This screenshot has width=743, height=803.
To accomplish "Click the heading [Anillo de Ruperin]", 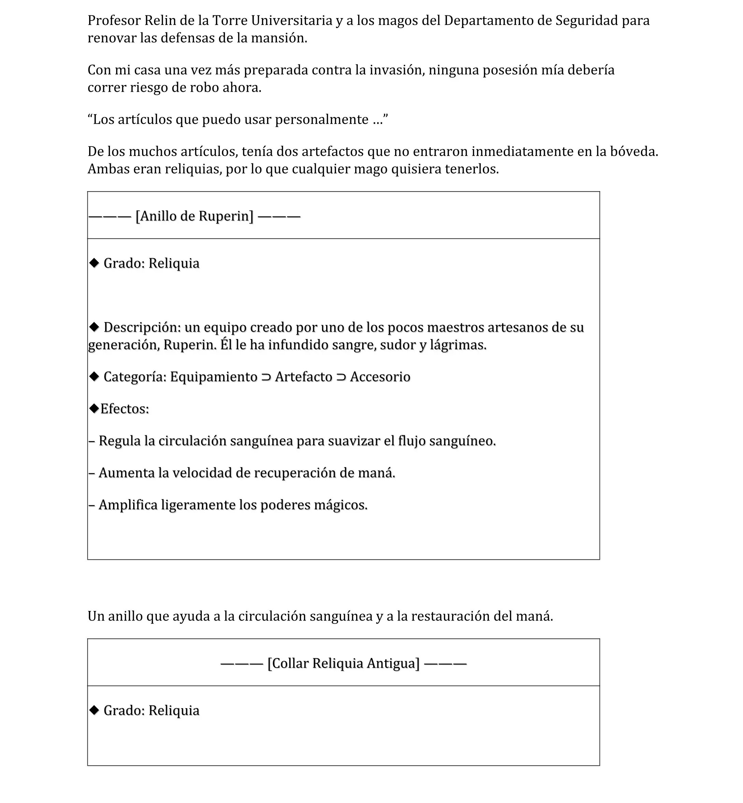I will (195, 216).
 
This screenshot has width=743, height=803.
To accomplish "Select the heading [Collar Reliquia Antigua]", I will (344, 663).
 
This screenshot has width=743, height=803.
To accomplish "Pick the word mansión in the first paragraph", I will (279, 38).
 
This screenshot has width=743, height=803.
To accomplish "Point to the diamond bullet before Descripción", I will (94, 327).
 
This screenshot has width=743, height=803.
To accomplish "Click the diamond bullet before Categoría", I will (94, 376).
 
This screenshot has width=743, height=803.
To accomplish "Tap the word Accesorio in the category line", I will (380, 377).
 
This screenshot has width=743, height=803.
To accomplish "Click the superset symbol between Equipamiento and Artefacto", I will (266, 377).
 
